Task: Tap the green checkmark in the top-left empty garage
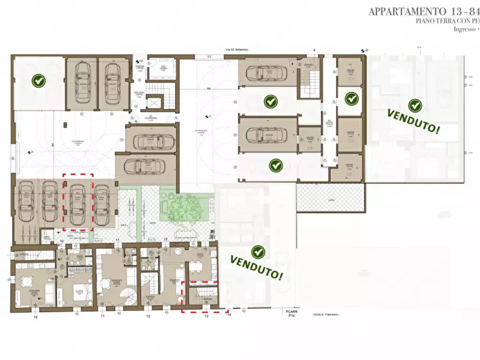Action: point(38,81)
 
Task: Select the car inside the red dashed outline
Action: point(78,201)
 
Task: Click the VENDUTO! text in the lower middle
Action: point(257,267)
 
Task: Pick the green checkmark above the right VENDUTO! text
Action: point(414,105)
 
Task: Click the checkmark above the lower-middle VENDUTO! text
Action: point(259,251)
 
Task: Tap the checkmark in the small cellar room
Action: point(351,98)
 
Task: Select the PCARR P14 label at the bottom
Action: point(291,314)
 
